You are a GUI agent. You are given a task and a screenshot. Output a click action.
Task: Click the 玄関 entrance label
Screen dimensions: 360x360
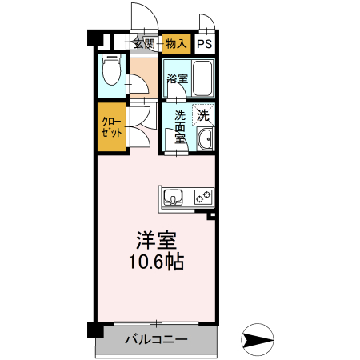click(x=145, y=44)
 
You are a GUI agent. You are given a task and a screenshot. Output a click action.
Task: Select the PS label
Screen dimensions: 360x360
click(x=206, y=44)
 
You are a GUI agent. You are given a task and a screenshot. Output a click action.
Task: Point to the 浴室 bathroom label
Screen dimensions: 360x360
click(x=177, y=79)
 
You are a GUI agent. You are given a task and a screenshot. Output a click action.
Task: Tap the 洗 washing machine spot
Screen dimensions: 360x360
click(x=204, y=114)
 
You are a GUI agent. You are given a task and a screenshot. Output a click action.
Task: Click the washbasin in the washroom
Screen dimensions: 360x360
click(x=205, y=142)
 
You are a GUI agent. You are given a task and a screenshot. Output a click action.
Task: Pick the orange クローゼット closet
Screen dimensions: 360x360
click(x=111, y=128)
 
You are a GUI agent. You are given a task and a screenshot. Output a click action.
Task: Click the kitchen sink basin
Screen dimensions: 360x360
click(x=174, y=195)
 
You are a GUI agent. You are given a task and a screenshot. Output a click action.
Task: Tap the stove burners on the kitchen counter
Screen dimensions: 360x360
click(x=202, y=195)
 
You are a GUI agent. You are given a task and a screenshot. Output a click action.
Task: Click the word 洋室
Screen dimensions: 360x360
click(x=155, y=239)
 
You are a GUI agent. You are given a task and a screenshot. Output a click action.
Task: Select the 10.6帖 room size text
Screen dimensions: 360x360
click(x=155, y=262)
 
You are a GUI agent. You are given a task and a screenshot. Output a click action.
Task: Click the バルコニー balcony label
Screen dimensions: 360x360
click(x=156, y=340)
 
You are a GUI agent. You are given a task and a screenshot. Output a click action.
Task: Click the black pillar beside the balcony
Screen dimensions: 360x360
click(x=95, y=329)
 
